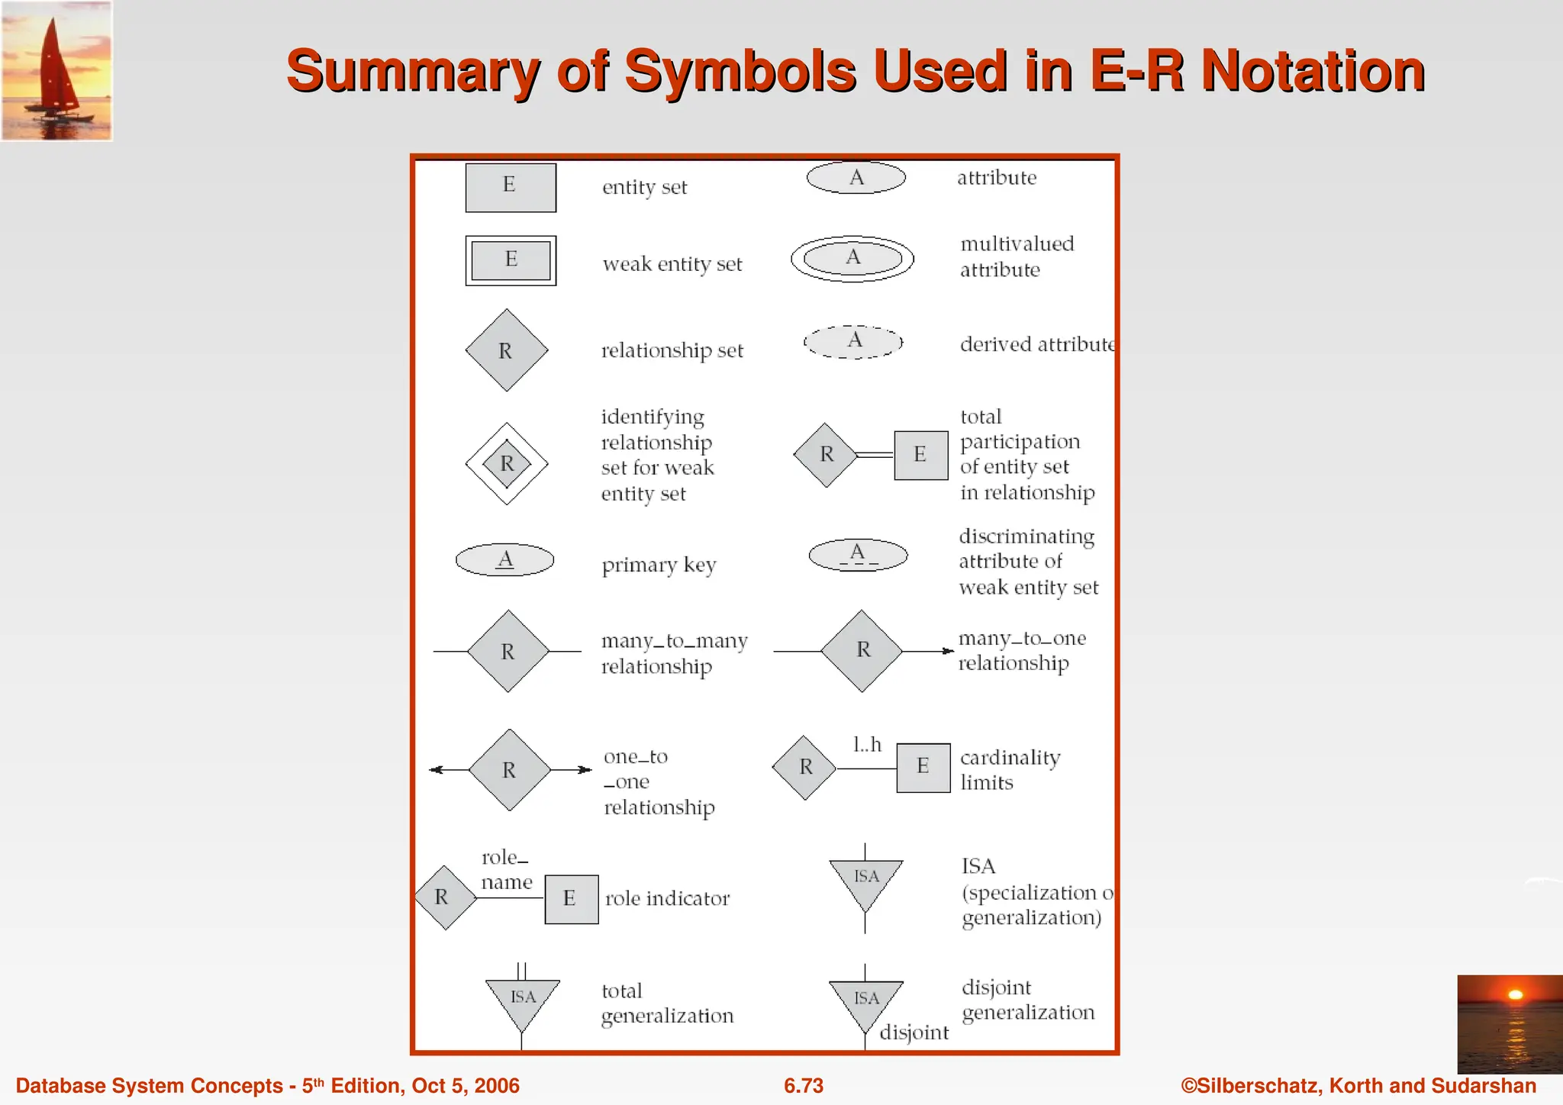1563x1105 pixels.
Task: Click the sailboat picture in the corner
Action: pyautogui.click(x=56, y=70)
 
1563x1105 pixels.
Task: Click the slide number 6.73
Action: pyautogui.click(x=804, y=1085)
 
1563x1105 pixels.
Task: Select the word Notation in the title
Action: pyautogui.click(x=1313, y=71)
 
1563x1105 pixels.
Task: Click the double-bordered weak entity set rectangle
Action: pyautogui.click(x=511, y=260)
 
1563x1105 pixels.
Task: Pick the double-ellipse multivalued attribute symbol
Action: pyautogui.click(x=852, y=259)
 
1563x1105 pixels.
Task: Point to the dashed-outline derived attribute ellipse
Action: pyautogui.click(x=853, y=342)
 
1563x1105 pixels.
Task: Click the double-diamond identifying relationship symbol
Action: pyautogui.click(x=507, y=463)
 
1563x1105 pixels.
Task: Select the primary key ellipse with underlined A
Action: pyautogui.click(x=504, y=559)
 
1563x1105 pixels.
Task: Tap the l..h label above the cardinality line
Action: pyautogui.click(x=867, y=744)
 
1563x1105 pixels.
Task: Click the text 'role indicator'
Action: pyautogui.click(x=667, y=898)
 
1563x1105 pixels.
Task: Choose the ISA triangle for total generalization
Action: pyautogui.click(x=523, y=1001)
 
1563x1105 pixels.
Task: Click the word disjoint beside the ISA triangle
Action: pyautogui.click(x=914, y=1033)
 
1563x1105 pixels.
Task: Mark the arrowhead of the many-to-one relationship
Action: pyautogui.click(x=949, y=651)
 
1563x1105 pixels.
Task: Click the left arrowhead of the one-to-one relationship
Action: pyautogui.click(x=436, y=770)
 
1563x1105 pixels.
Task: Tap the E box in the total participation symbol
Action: pyautogui.click(x=920, y=455)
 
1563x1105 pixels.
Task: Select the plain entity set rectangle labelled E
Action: pyautogui.click(x=511, y=187)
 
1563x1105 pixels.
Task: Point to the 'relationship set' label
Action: pyautogui.click(x=672, y=350)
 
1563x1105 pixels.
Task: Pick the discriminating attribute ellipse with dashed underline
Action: pyautogui.click(x=858, y=555)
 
